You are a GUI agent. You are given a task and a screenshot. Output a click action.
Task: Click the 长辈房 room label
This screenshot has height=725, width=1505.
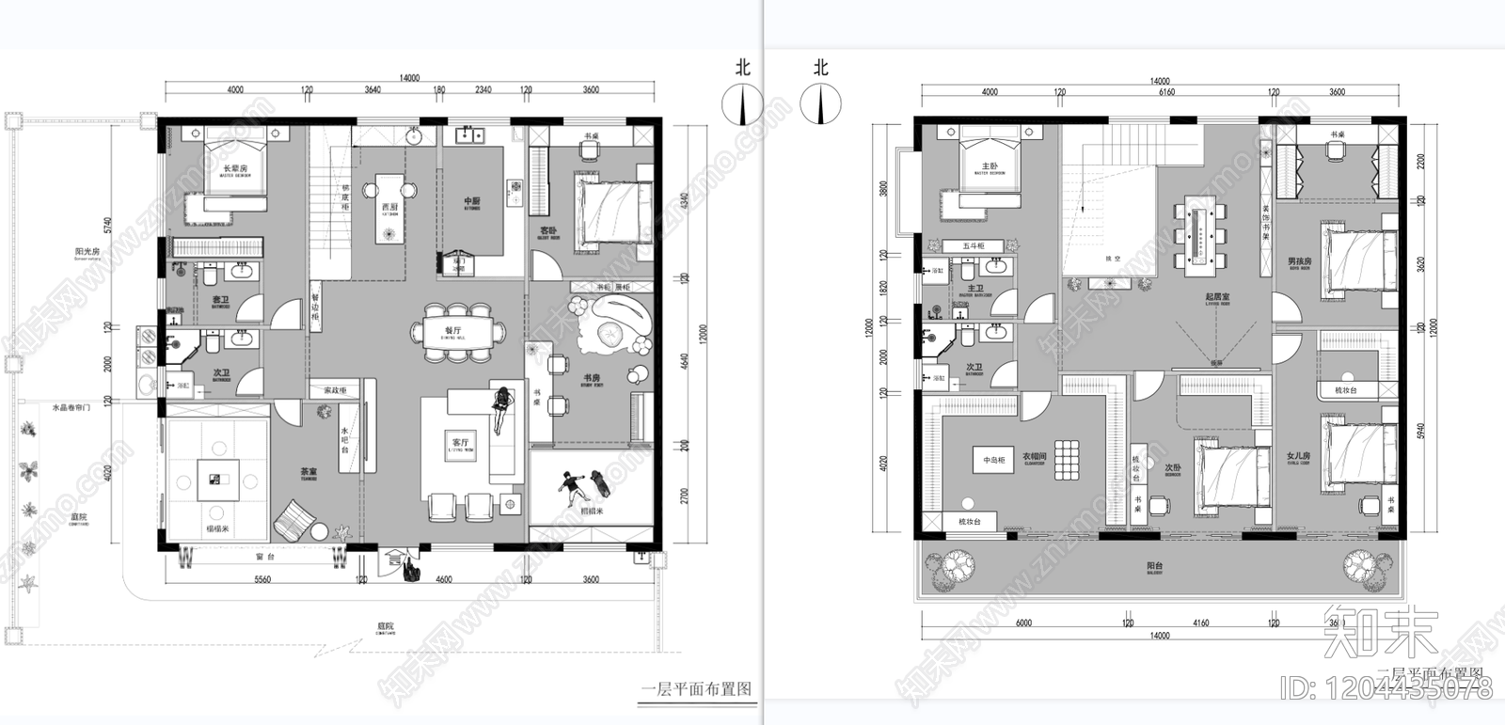click(235, 169)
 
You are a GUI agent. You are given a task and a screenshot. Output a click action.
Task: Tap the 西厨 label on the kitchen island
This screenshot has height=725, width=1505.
click(389, 207)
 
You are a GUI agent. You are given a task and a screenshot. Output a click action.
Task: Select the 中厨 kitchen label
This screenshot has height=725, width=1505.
click(472, 201)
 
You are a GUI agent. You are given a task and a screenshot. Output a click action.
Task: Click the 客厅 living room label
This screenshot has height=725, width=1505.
click(461, 442)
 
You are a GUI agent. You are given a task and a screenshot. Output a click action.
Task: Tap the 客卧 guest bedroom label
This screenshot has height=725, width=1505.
click(548, 230)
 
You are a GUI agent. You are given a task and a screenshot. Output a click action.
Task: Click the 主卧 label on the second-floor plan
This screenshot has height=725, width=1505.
click(990, 166)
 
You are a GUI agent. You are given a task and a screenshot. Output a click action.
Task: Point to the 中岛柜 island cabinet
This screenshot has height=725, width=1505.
click(994, 461)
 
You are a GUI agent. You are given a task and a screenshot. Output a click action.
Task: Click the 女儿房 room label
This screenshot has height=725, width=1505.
click(1298, 456)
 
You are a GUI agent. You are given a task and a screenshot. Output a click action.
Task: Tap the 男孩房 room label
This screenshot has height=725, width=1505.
click(1299, 261)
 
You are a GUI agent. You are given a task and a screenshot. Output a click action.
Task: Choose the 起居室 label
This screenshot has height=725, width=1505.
click(1217, 297)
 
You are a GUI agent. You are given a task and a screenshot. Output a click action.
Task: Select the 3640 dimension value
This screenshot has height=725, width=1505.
click(372, 90)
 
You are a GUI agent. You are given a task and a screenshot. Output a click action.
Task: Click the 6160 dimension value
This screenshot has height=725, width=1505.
click(1166, 92)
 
